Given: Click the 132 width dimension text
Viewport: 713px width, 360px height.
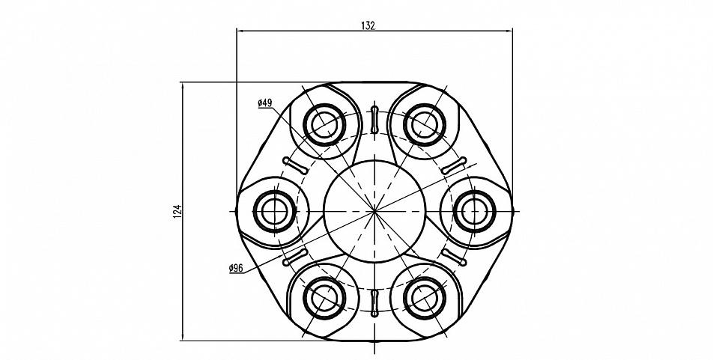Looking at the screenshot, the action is pos(368,25).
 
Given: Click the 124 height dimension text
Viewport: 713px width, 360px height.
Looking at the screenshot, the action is pos(178,211).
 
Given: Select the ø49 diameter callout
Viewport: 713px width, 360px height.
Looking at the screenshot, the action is pos(264,103).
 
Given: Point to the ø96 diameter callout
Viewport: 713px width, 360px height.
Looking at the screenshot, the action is pos(236,268).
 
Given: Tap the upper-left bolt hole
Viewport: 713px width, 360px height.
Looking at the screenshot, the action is pos(325,124).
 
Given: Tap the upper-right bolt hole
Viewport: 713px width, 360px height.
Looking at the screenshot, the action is pos(425,124).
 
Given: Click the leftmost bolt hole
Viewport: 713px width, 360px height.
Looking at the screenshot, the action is pos(275,211).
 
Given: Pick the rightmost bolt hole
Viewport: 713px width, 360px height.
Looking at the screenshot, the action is pos(475,211).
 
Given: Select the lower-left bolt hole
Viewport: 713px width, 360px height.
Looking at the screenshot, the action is pos(325,298).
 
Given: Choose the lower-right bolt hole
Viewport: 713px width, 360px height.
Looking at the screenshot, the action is pos(425,298).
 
